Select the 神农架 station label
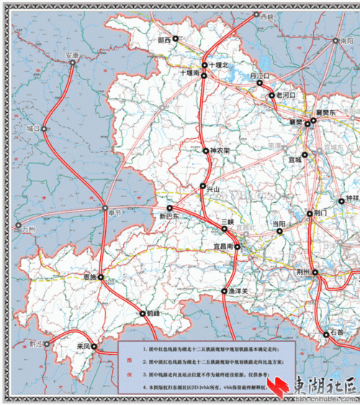[x=220, y=152]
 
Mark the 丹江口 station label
[x=259, y=76]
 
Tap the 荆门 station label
[x=321, y=214]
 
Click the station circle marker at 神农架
[x=205, y=151]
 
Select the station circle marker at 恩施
[x=102, y=277]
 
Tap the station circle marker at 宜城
[x=305, y=155]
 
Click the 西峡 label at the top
[x=268, y=16]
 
